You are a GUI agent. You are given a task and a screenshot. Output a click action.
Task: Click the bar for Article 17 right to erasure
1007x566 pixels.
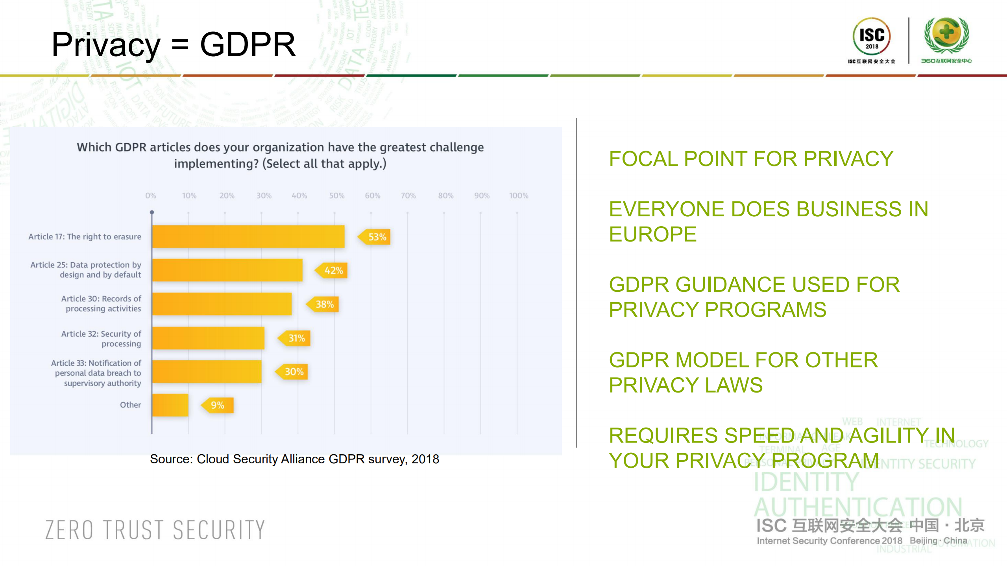coord(248,236)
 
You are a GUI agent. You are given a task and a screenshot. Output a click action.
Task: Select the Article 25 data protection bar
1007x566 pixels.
coord(227,270)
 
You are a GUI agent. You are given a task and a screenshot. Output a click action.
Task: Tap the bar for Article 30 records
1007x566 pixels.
coord(222,304)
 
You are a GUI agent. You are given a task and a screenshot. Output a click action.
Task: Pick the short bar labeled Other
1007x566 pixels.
coord(170,405)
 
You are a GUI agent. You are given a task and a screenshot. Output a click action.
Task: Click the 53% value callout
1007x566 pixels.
coord(376,237)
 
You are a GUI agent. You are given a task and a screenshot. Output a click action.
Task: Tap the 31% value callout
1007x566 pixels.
coord(296,338)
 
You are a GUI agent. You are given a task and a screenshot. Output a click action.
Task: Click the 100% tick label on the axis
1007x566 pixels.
coord(519,195)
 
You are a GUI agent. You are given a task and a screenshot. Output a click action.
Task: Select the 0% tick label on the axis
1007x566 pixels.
coord(151,195)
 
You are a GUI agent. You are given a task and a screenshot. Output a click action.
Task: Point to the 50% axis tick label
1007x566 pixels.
coord(337,195)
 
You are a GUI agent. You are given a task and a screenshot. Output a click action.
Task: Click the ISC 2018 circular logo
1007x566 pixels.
coord(872,37)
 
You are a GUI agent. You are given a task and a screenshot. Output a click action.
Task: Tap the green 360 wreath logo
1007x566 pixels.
coord(946,35)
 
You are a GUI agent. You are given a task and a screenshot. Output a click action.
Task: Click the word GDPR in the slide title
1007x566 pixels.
coord(248,44)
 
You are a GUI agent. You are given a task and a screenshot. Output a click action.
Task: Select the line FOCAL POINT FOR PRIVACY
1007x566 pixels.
coord(751,159)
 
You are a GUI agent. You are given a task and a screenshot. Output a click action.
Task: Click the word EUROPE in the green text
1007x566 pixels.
coord(653,234)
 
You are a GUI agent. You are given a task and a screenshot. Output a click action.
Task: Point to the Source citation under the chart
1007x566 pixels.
coord(294,459)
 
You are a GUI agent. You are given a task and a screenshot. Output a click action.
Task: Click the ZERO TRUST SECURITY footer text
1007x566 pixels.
coord(155,530)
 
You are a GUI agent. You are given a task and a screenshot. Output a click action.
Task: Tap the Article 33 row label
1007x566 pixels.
coord(96,373)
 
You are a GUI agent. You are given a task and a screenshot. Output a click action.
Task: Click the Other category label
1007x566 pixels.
coord(130,405)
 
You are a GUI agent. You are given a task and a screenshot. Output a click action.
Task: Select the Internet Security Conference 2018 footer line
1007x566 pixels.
coord(830,541)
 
